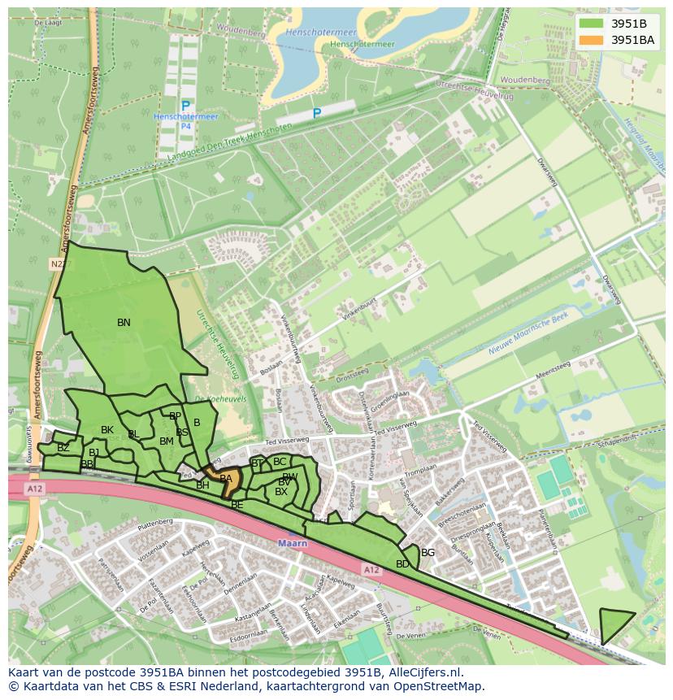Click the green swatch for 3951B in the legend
click(591, 24)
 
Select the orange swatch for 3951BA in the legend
click(591, 39)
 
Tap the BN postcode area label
click(124, 323)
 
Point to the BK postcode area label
click(107, 430)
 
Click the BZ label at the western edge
click(63, 448)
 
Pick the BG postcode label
click(428, 553)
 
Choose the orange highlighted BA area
click(227, 479)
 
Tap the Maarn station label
click(292, 543)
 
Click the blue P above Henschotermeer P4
click(185, 106)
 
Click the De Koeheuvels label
click(210, 398)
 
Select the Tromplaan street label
click(420, 471)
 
